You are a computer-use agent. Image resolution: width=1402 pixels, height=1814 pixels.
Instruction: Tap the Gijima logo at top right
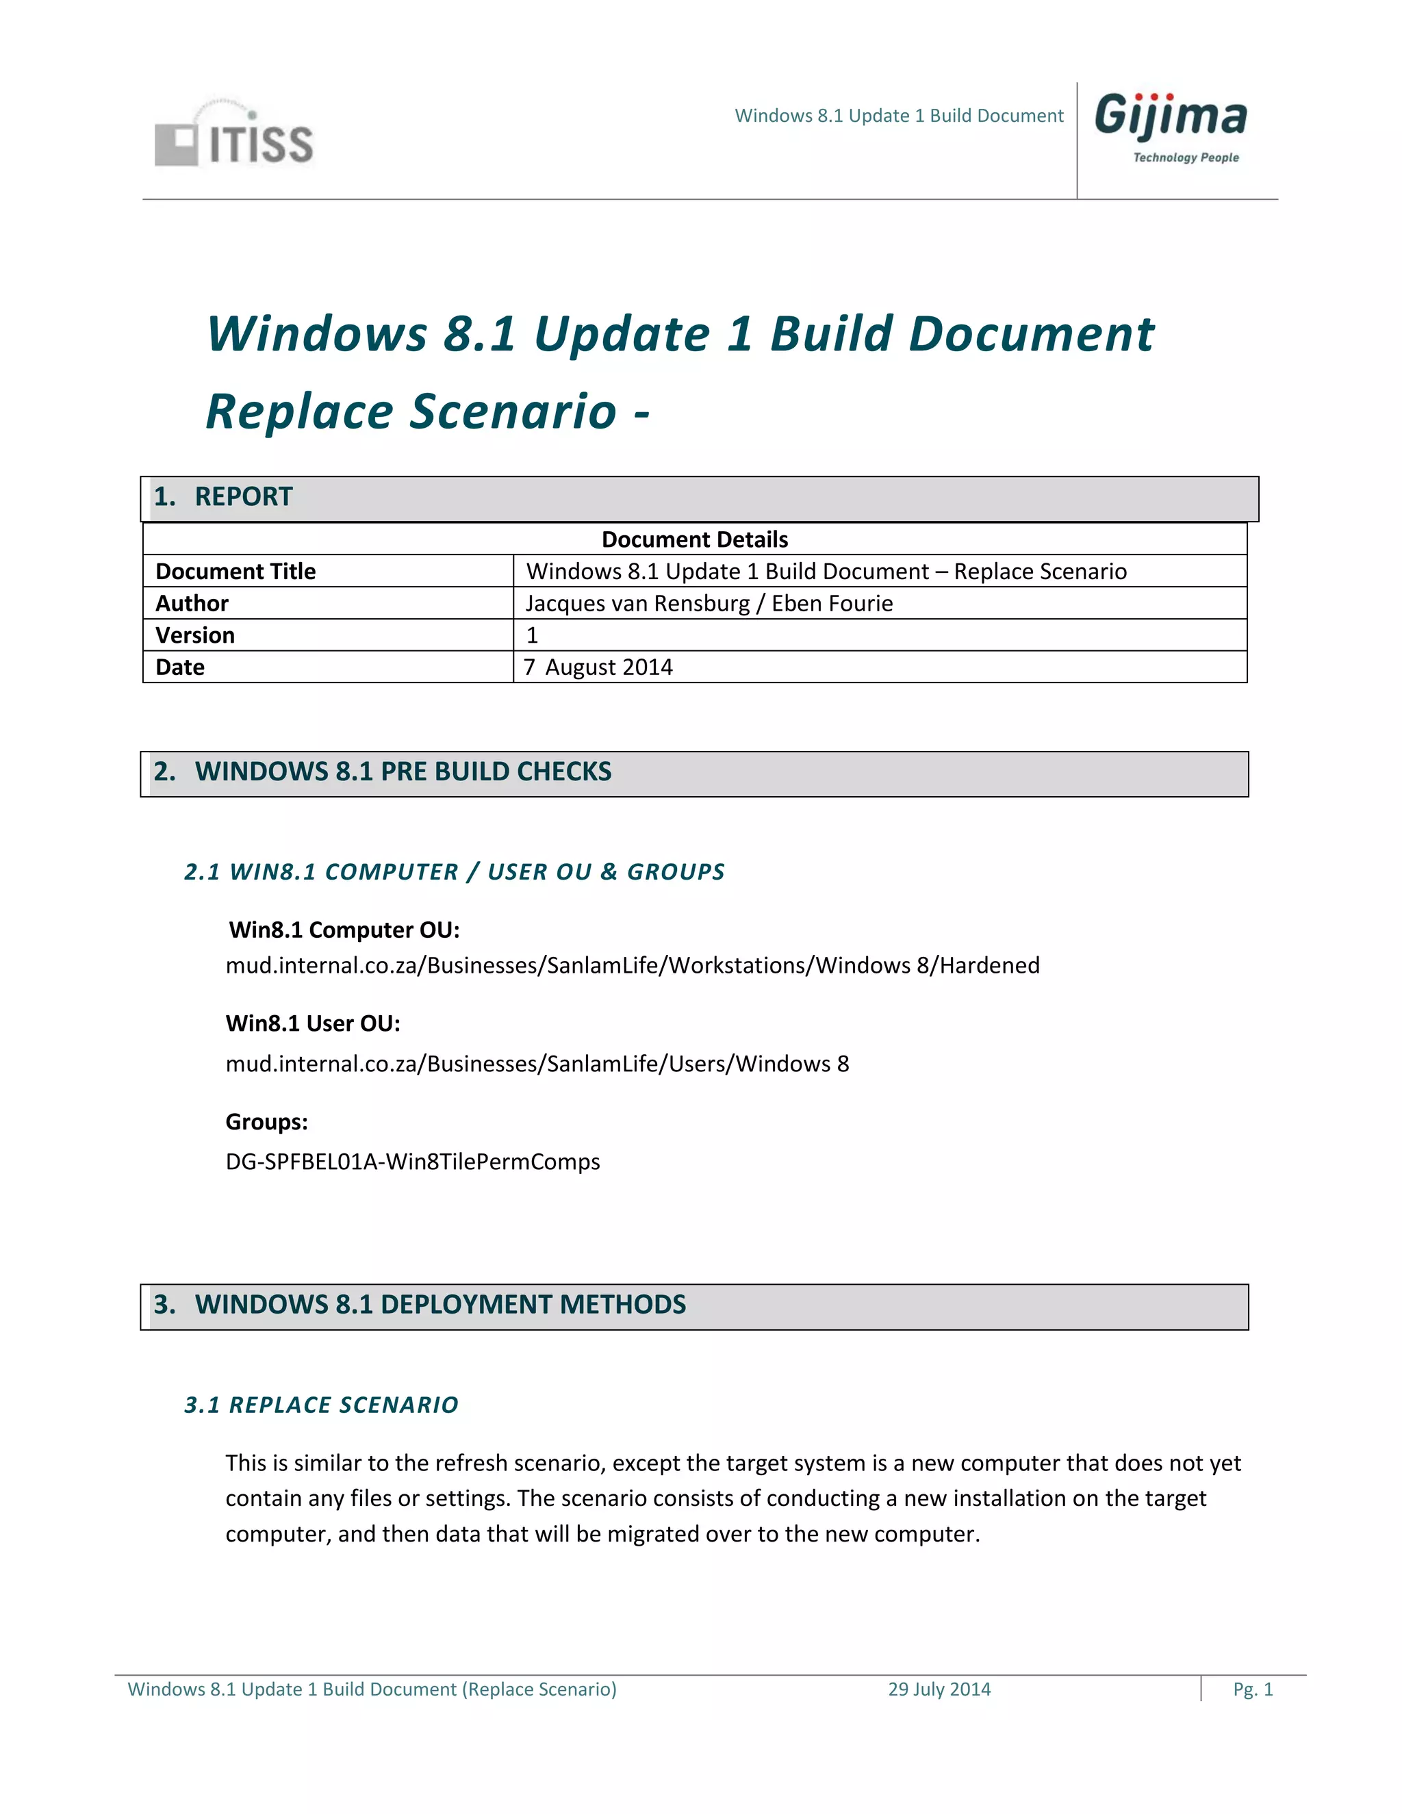[1170, 116]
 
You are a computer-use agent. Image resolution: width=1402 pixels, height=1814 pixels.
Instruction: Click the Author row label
[192, 603]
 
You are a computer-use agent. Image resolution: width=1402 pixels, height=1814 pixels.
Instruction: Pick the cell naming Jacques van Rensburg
[709, 603]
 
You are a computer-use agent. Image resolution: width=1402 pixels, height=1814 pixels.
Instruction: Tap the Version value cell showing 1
[533, 635]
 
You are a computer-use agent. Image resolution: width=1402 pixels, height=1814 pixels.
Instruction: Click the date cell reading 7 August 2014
[598, 667]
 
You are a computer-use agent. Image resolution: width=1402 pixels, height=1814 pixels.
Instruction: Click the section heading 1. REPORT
[222, 497]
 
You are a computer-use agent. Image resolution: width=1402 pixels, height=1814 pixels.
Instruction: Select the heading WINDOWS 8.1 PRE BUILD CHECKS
[403, 771]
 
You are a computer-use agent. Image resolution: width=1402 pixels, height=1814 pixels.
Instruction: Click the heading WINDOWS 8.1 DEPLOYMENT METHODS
[440, 1304]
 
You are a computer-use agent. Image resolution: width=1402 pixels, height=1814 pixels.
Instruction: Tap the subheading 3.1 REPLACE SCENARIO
[322, 1405]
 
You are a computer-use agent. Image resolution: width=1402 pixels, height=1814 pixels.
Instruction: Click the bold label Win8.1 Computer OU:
[344, 930]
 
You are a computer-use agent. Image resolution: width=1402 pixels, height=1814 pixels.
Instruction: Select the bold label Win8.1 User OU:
[313, 1023]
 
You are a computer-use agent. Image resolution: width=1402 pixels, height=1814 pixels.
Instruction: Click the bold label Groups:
[266, 1122]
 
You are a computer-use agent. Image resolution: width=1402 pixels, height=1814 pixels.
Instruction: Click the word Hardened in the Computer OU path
[989, 965]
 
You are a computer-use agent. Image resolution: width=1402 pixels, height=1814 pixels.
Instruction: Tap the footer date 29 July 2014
[939, 1689]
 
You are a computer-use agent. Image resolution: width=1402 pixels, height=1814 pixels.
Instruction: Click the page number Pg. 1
[1253, 1689]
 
